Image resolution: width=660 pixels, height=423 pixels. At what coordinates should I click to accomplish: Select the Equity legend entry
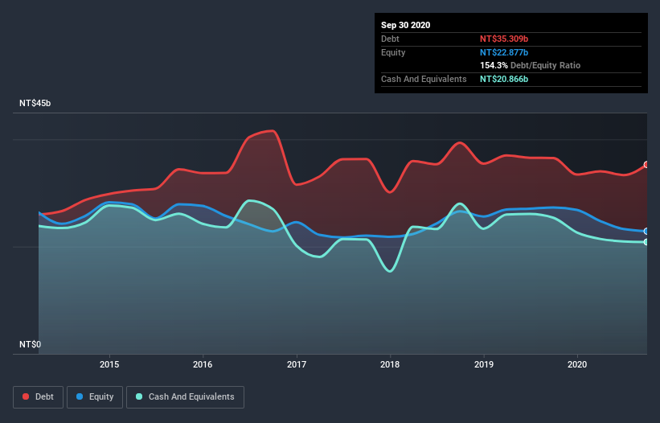tap(95, 396)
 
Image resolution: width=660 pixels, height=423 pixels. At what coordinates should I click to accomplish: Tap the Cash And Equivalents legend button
tap(185, 396)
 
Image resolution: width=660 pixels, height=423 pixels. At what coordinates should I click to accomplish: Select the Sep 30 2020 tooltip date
tap(405, 25)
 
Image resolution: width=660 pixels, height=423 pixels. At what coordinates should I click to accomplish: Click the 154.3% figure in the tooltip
tap(494, 65)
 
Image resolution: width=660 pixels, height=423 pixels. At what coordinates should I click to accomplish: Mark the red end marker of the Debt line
tap(646, 165)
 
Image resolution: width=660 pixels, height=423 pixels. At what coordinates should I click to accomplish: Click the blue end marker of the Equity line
tap(646, 231)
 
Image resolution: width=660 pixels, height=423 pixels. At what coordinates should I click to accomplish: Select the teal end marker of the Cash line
tap(646, 242)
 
